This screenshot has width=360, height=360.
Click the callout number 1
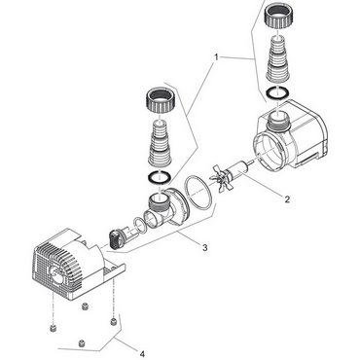[x=216, y=57]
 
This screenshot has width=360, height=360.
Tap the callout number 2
[x=287, y=199]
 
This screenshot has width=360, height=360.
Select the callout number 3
[x=204, y=248]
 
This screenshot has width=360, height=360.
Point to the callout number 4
[x=142, y=354]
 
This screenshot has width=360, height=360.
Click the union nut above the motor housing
[x=278, y=16]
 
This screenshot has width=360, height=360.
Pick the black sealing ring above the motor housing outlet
[x=278, y=92]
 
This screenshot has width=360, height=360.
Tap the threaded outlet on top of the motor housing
[x=278, y=121]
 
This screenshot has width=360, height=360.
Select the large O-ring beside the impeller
[x=198, y=193]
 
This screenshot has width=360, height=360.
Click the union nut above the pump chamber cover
[x=160, y=100]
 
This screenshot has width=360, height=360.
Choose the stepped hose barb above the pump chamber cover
[x=160, y=144]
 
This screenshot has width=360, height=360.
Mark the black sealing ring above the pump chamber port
[x=160, y=177]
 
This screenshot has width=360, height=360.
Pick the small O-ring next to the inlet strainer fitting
[x=140, y=225]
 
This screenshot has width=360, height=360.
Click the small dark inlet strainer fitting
[x=117, y=239]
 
